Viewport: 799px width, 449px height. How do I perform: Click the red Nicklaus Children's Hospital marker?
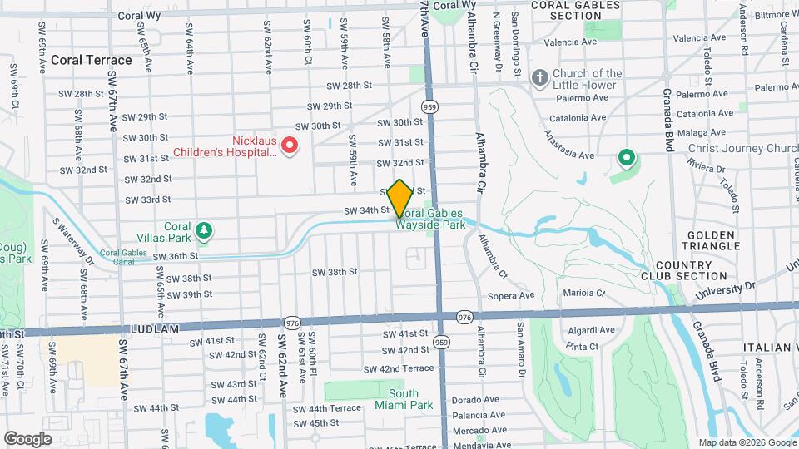tap(290, 146)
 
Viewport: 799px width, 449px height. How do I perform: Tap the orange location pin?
tap(400, 198)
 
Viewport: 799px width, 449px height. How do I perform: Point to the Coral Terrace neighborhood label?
tap(92, 60)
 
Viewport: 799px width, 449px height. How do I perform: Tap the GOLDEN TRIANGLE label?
tap(709, 239)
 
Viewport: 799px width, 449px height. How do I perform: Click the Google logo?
tap(27, 438)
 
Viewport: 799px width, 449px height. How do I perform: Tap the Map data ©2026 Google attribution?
tap(746, 442)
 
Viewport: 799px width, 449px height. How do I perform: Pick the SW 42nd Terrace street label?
tap(407, 368)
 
